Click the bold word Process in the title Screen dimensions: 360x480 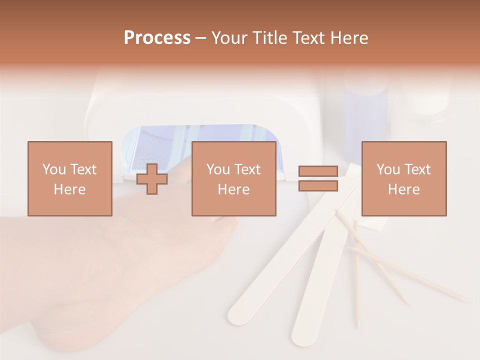157,38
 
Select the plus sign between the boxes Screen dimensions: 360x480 152,179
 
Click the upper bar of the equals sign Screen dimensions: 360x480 318,171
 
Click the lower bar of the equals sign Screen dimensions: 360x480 318,185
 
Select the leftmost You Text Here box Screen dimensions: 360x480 69,178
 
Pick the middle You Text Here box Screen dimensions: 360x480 233,178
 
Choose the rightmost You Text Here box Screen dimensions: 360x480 403,178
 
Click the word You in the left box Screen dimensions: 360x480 53,169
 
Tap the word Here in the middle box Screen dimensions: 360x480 233,189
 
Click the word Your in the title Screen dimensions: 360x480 228,38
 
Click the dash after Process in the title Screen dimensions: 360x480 200,38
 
